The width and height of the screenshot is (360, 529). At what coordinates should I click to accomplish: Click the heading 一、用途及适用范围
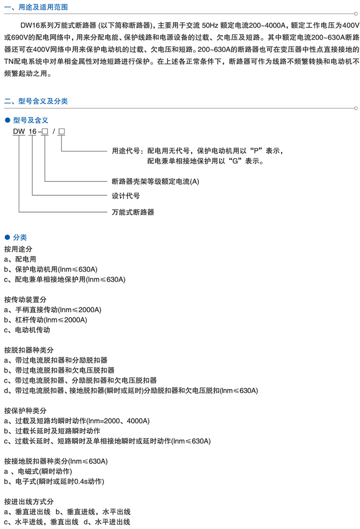(36, 7)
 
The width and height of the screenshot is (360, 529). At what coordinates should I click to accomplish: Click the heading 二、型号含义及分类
(36, 101)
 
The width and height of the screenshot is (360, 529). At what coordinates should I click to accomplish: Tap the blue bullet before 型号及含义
(7, 120)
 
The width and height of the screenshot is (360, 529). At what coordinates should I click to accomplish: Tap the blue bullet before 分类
(7, 237)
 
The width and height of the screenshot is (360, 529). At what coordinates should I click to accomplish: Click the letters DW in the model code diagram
(19, 131)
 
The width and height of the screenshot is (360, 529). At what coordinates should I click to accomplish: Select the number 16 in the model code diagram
(33, 131)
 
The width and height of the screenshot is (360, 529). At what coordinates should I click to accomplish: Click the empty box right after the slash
(61, 131)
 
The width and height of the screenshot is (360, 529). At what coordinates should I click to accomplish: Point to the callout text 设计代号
(125, 196)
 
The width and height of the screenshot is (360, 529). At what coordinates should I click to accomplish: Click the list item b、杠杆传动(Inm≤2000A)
(46, 319)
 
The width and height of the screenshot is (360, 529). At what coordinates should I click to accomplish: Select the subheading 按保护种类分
(25, 411)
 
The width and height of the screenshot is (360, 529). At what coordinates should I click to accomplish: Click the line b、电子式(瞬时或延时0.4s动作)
(54, 481)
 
